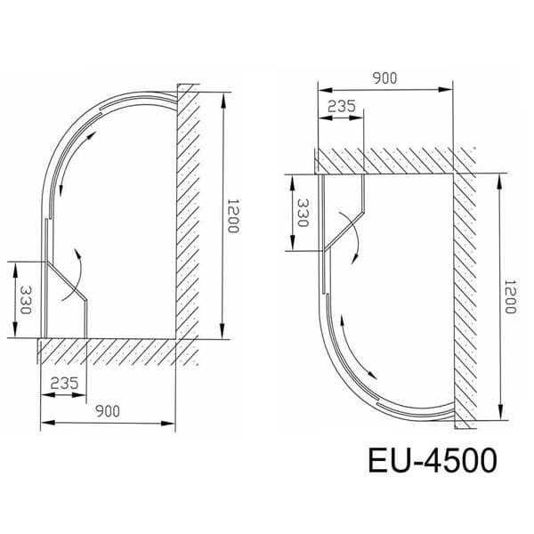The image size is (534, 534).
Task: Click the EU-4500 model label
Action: click(x=432, y=462)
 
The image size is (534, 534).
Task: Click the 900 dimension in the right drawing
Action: click(x=384, y=78)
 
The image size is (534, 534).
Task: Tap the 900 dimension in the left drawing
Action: click(x=108, y=411)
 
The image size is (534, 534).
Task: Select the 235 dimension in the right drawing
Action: click(x=341, y=106)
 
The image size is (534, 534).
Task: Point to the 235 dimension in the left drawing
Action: click(x=64, y=383)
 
